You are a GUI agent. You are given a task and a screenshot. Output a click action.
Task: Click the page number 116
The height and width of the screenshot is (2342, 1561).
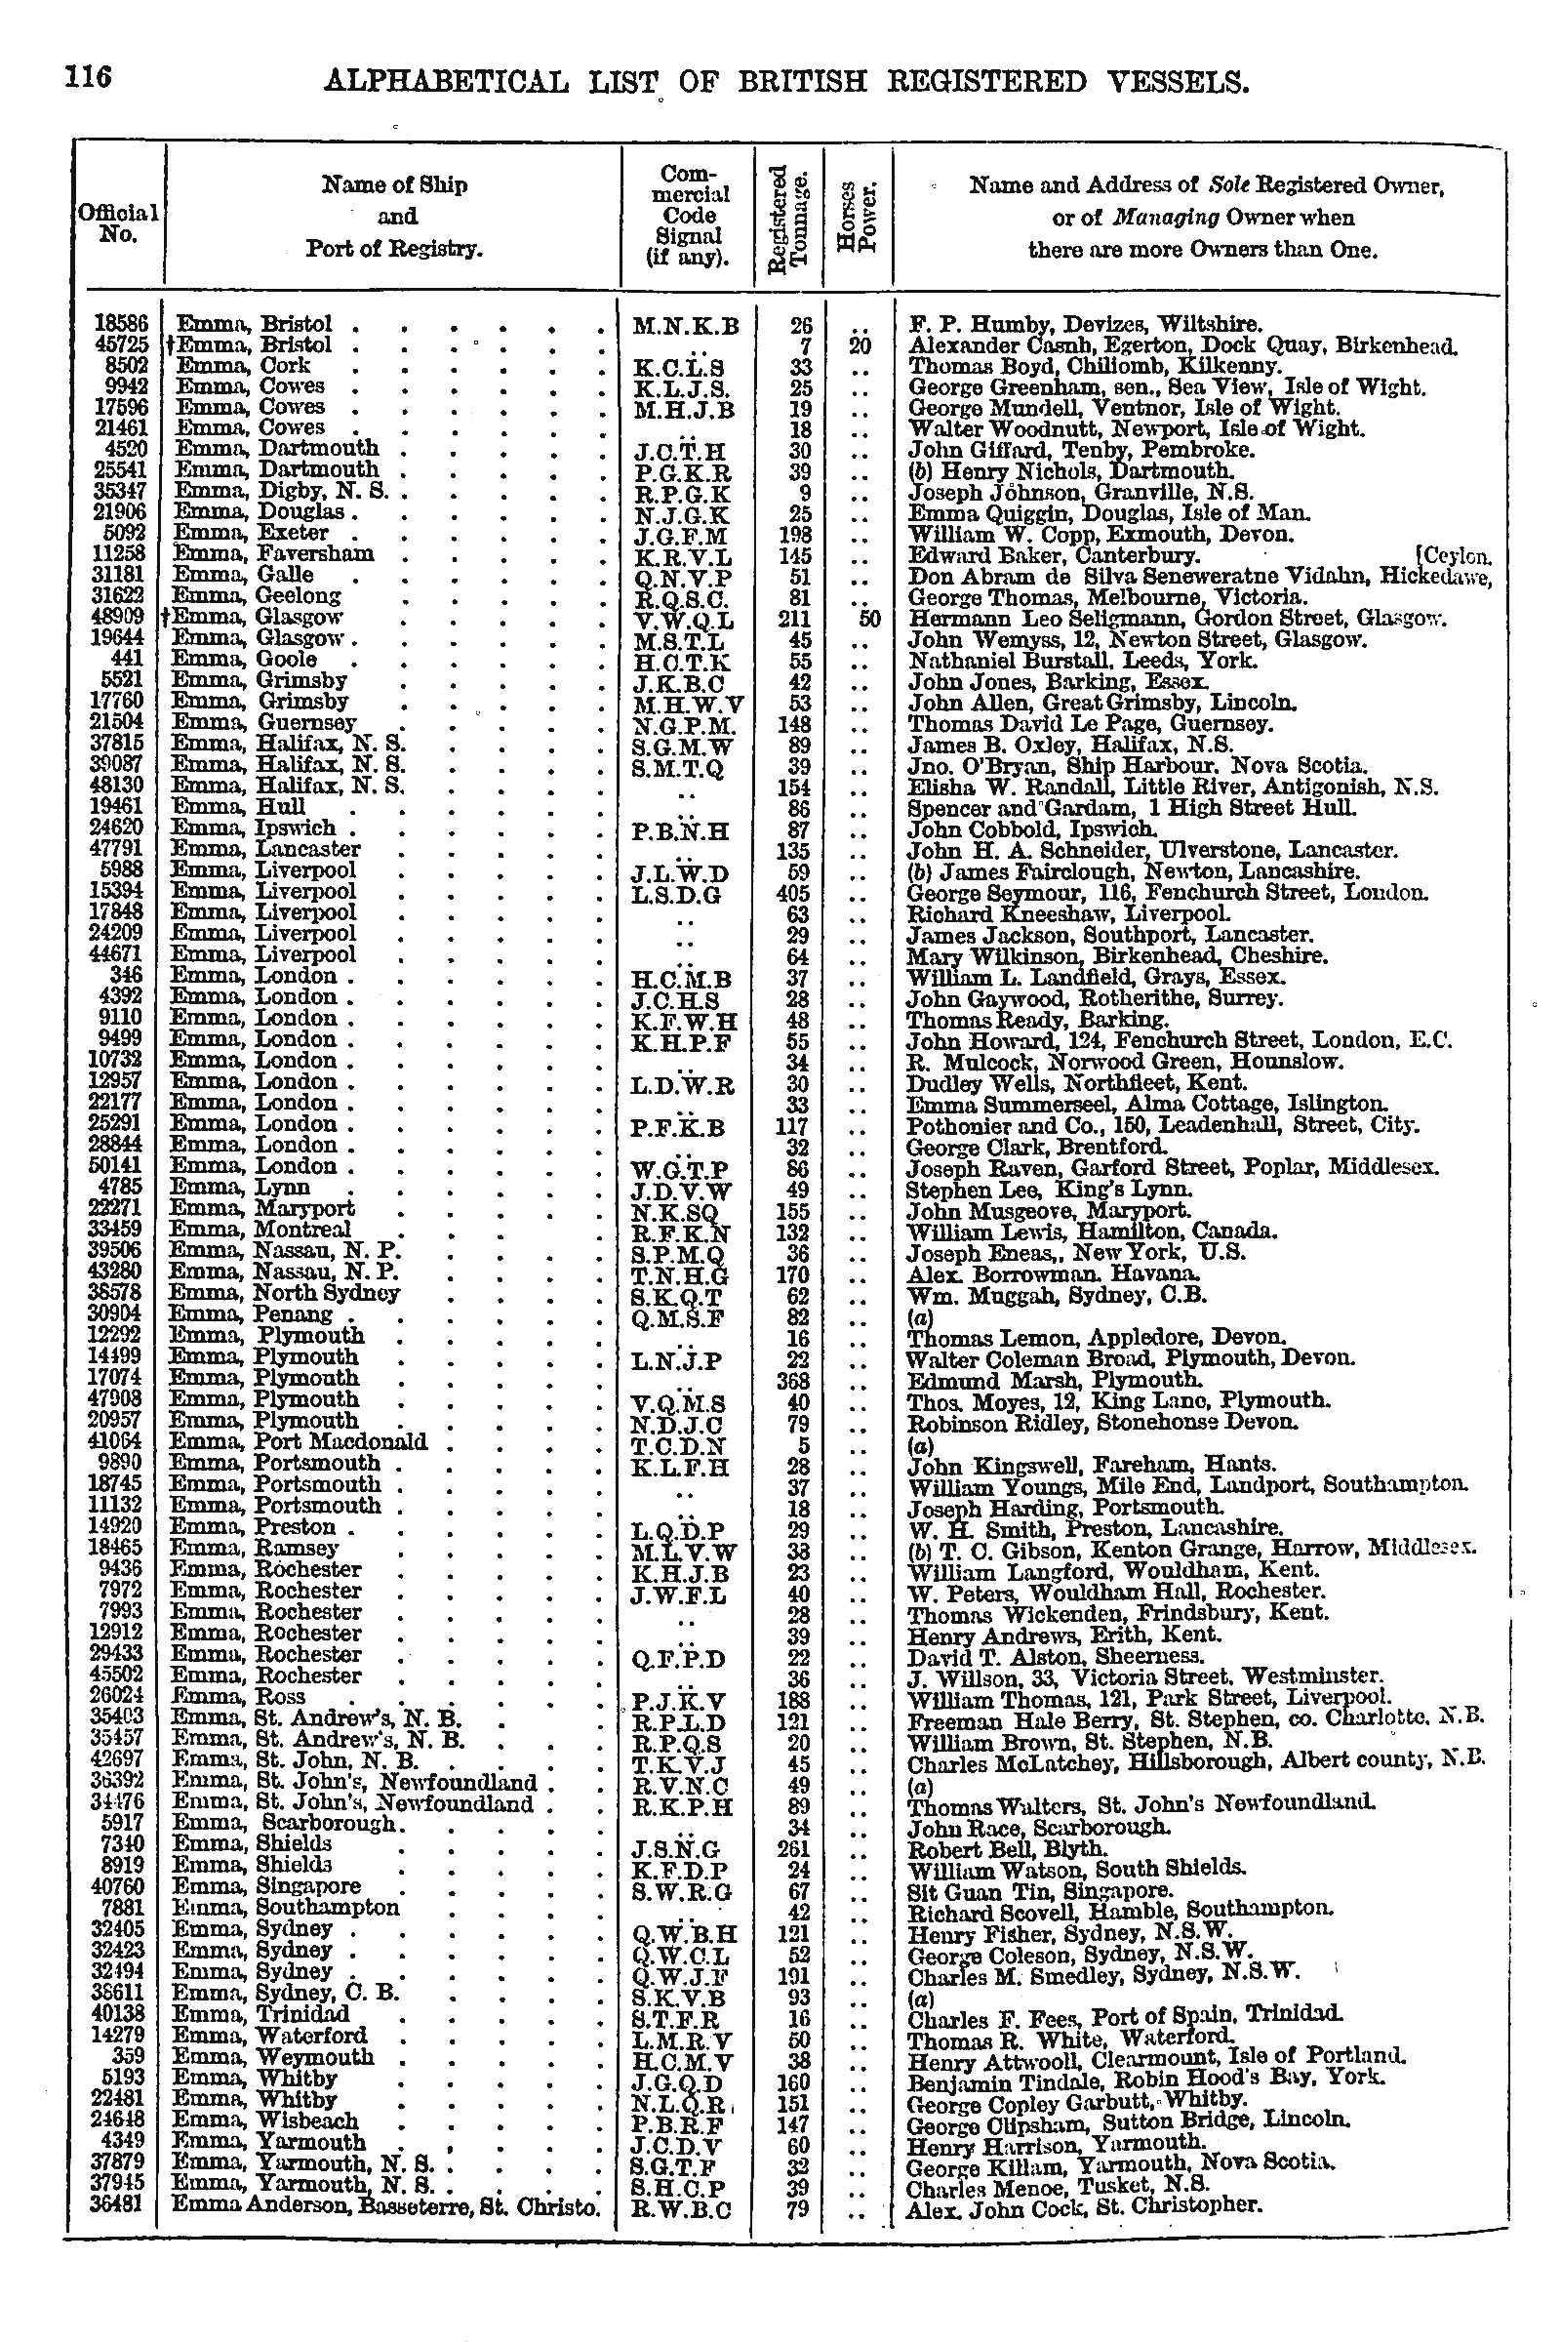tap(90, 77)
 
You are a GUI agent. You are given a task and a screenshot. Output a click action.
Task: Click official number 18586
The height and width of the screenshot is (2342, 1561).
tap(120, 324)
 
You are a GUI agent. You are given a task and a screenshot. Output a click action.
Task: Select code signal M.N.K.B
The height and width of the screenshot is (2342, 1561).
tap(687, 326)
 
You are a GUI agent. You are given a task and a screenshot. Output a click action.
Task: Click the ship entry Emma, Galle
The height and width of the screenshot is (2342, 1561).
tap(244, 575)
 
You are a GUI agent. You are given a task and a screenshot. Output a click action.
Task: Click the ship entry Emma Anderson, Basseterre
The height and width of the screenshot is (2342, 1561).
tap(386, 2203)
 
